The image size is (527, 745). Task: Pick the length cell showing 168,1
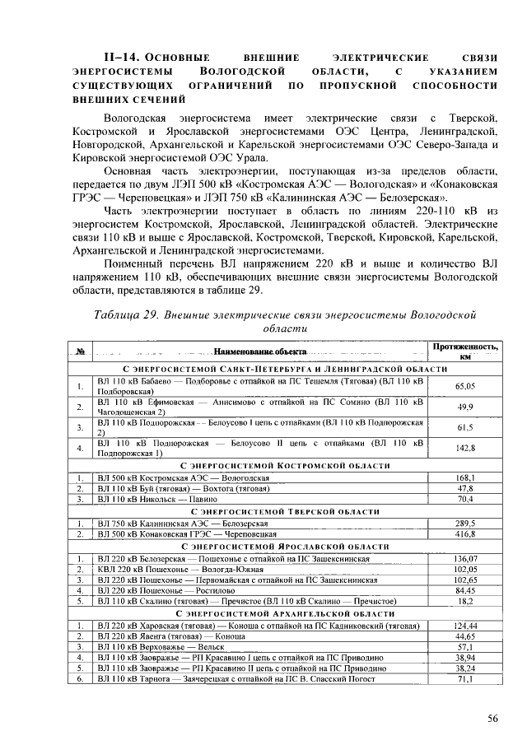pyautogui.click(x=465, y=477)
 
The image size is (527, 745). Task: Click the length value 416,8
pyautogui.click(x=465, y=533)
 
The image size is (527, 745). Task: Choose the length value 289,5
pyautogui.click(x=465, y=523)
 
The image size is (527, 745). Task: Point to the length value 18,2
pyautogui.click(x=465, y=601)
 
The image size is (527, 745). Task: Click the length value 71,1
pyautogui.click(x=465, y=679)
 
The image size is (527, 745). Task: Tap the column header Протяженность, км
pyautogui.click(x=465, y=352)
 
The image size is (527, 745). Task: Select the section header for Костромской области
pyautogui.click(x=261, y=466)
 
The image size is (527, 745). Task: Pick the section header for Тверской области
pyautogui.click(x=261, y=511)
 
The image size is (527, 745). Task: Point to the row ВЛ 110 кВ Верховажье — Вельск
pyautogui.click(x=148, y=647)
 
